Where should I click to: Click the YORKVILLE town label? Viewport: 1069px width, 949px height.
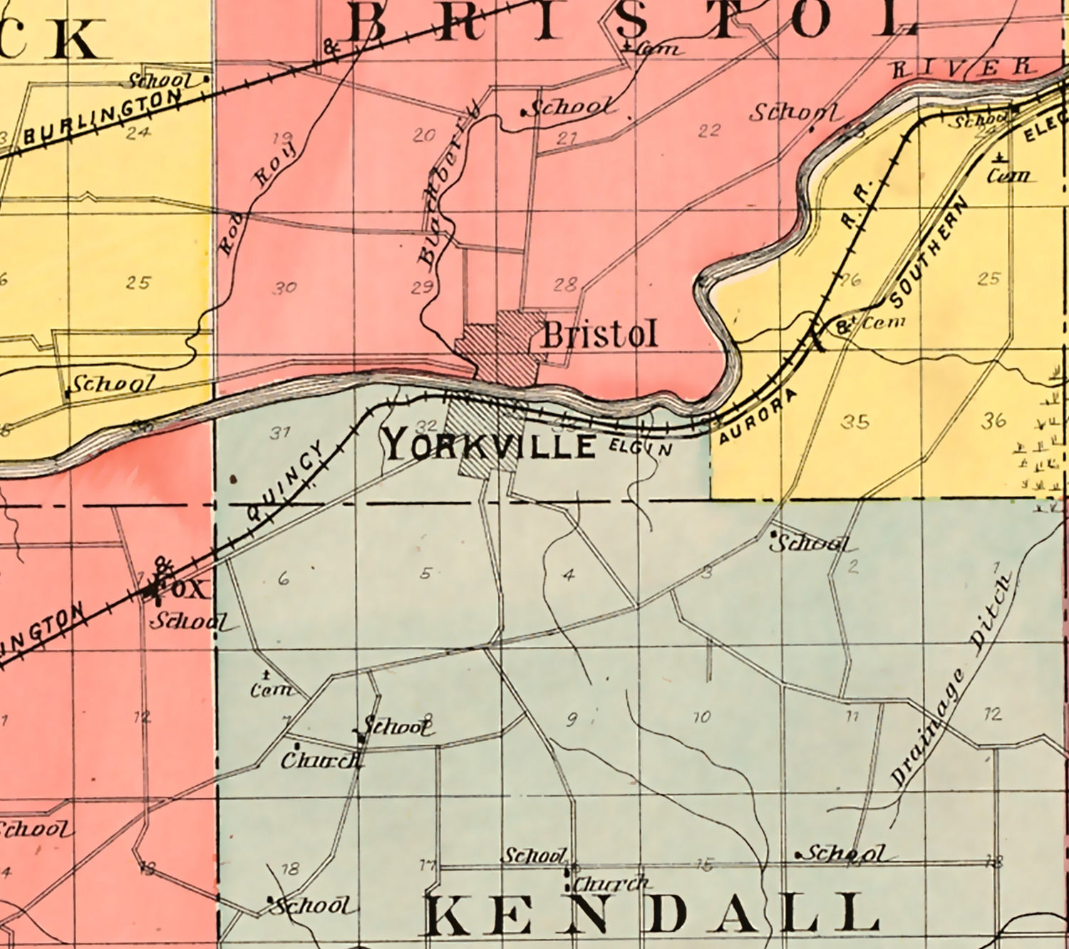click(490, 447)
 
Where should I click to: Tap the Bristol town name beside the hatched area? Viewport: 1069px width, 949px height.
click(599, 335)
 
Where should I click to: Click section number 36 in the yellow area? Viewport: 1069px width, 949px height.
click(993, 420)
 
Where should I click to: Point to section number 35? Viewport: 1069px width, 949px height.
click(854, 422)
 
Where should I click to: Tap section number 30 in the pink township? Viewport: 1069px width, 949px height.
click(284, 288)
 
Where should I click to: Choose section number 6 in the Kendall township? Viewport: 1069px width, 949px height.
click(284, 579)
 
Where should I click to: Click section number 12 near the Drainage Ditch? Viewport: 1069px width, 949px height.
click(993, 713)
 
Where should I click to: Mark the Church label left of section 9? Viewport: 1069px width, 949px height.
click(321, 760)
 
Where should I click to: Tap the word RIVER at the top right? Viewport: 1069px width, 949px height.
click(964, 68)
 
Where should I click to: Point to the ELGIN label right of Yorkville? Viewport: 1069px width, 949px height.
click(641, 447)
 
